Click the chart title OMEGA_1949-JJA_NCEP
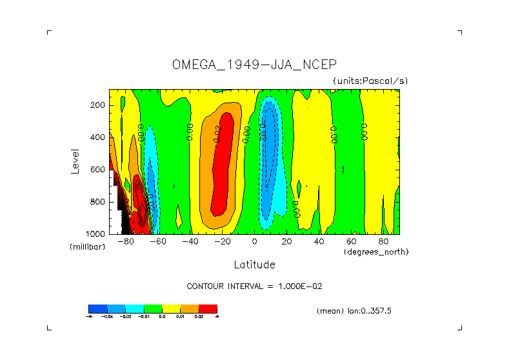tap(254, 65)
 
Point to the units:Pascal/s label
tap(370, 81)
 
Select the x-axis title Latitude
tap(254, 265)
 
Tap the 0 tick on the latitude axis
tap(255, 242)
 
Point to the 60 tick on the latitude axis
tap(352, 242)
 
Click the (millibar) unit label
tap(86, 247)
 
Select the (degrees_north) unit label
tap(377, 251)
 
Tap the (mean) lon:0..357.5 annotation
tap(354, 311)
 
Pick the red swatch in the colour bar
tap(208, 308)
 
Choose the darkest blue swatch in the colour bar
tap(97, 308)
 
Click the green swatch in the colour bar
tap(153, 308)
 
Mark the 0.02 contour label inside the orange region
tap(217, 133)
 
